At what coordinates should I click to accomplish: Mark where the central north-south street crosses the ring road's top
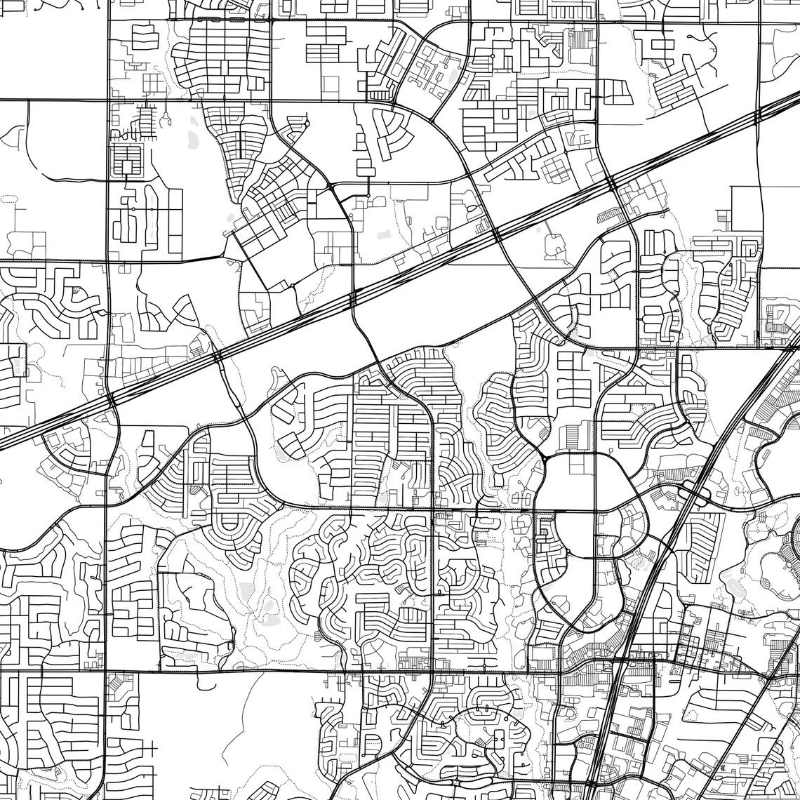pyautogui.click(x=595, y=454)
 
